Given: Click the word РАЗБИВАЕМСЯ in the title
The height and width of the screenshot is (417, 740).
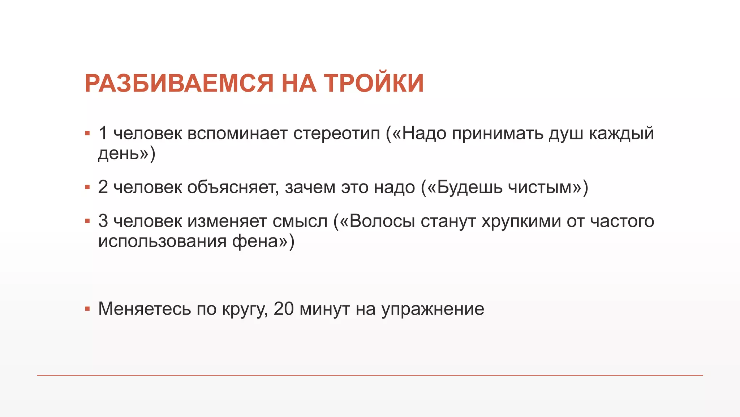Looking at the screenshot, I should [x=179, y=84].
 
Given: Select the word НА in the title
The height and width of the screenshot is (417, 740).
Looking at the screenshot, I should [x=298, y=84].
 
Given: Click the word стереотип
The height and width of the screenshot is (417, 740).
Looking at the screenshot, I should [x=336, y=134].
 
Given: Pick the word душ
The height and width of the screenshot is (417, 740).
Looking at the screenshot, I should [x=566, y=134].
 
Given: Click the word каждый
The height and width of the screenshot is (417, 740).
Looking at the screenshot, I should [x=621, y=134].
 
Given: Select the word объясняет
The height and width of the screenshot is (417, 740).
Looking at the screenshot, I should [x=233, y=188].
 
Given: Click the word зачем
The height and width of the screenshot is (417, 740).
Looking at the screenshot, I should [x=310, y=188].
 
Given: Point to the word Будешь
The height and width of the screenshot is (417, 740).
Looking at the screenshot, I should [x=469, y=188].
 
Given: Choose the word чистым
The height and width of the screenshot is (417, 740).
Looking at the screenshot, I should [x=539, y=188].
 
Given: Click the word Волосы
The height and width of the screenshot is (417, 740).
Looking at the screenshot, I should [x=382, y=221].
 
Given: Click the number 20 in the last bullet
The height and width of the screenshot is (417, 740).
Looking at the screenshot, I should [x=284, y=309].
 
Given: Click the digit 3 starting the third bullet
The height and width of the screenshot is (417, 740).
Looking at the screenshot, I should [x=103, y=221].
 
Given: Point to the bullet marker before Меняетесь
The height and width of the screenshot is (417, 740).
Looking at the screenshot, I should [x=87, y=309].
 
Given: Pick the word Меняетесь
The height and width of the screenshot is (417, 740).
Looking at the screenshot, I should [x=145, y=309].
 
